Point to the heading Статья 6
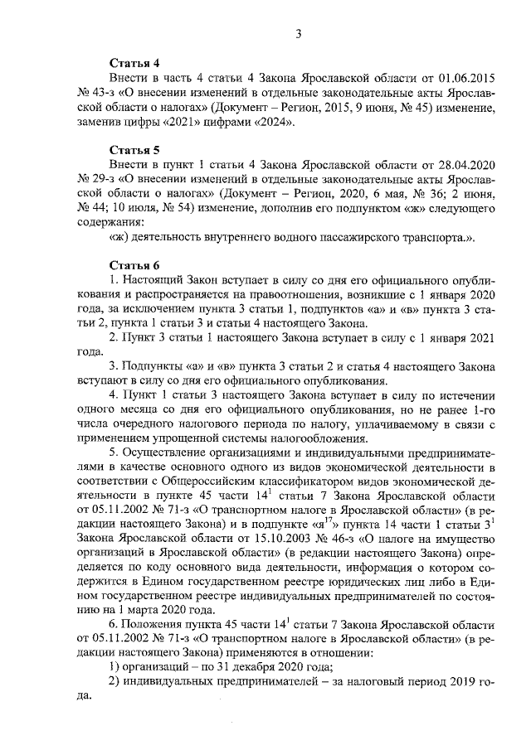(x=134, y=265)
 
